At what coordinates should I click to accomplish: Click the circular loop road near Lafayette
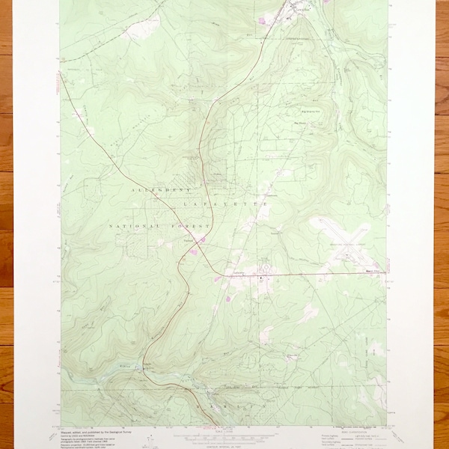click(x=264, y=267)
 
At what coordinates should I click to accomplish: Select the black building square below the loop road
click(x=260, y=279)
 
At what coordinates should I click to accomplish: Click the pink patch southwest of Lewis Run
click(x=261, y=20)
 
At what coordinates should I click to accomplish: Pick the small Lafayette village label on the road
click(x=189, y=240)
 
